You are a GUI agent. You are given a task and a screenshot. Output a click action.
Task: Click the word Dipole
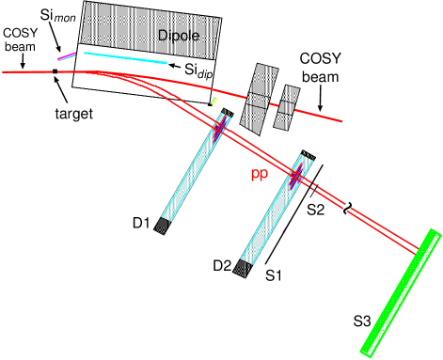180,35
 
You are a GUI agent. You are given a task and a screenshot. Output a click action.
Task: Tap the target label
73,113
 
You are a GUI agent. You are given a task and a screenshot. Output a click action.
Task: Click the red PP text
260,176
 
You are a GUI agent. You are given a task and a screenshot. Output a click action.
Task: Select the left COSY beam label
21,39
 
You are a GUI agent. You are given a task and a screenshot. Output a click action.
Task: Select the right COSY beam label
321,65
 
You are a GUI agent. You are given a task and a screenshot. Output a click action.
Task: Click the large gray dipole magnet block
141,23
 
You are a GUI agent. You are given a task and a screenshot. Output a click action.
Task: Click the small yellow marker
214,100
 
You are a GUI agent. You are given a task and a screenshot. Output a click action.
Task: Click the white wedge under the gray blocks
249,132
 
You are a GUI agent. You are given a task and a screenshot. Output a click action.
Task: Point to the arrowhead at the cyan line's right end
171,65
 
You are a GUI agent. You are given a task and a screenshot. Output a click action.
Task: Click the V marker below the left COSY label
23,66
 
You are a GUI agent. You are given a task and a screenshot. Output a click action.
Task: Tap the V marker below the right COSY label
320,109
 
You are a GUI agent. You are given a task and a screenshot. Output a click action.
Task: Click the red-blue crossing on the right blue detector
295,175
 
